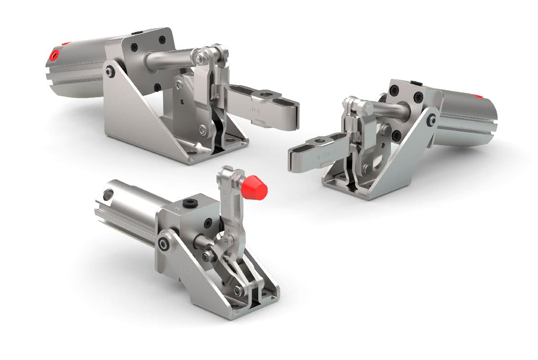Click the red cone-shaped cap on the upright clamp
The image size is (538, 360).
[x=254, y=188]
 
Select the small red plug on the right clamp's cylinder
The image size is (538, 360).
[x=478, y=96]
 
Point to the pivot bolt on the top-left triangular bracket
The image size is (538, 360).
[x=109, y=70]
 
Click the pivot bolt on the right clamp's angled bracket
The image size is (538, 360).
[x=432, y=119]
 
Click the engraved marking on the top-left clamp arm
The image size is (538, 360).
[x=253, y=108]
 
